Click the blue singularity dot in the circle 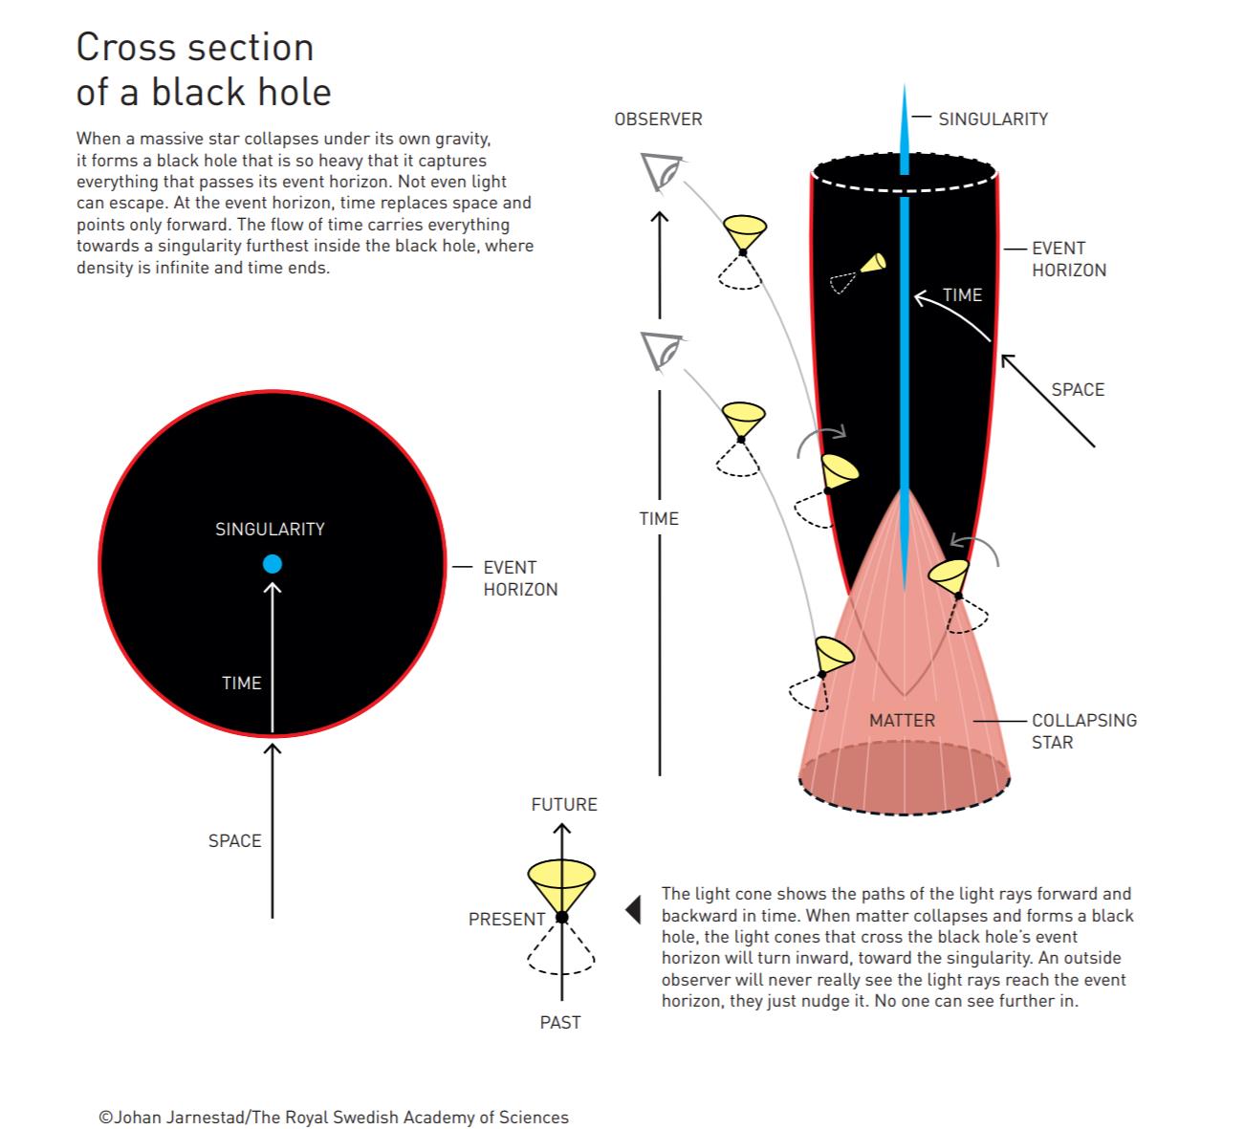tap(273, 564)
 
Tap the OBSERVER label tap(658, 119)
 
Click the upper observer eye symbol tap(661, 173)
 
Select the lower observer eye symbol tap(661, 351)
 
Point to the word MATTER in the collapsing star tap(902, 720)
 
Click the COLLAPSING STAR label tap(1083, 731)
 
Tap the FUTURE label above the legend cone tap(564, 804)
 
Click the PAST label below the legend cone tap(560, 1022)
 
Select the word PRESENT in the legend tap(507, 919)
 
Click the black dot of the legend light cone tap(562, 918)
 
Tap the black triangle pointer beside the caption tap(633, 909)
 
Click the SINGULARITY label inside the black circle tap(270, 529)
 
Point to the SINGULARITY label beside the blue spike tap(993, 119)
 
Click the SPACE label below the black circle tap(234, 840)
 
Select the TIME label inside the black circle tap(241, 683)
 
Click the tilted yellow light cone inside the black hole tap(871, 263)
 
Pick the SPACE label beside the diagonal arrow tap(1078, 389)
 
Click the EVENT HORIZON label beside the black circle tap(520, 578)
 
